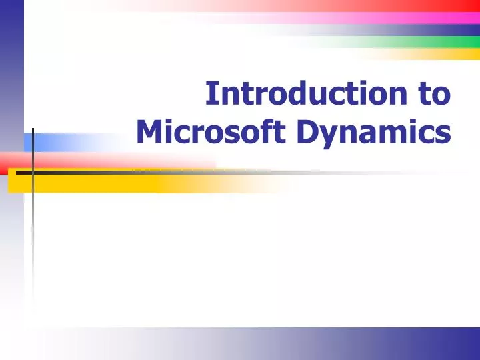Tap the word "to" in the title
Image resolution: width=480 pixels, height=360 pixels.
(x=435, y=94)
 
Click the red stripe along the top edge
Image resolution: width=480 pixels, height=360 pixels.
(x=400, y=6)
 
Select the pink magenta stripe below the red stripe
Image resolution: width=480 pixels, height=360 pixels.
(x=400, y=18)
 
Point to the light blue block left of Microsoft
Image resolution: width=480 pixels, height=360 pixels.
(x=60, y=142)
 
